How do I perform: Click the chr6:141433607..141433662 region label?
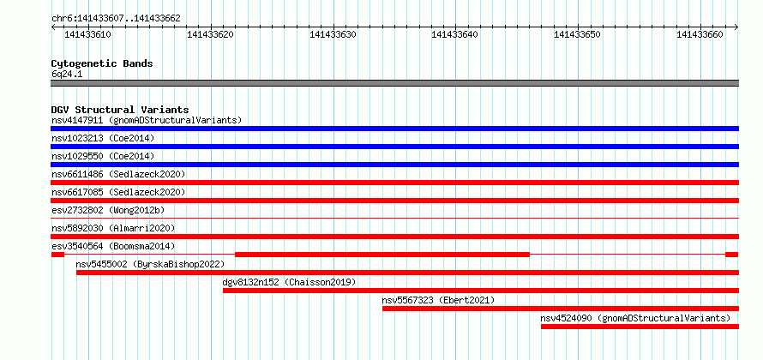(x=116, y=19)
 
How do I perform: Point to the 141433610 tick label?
(x=87, y=34)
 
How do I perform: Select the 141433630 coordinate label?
(x=333, y=34)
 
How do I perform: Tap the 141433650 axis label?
(x=578, y=34)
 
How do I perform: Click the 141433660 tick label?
(x=700, y=34)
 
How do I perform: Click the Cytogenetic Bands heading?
(x=102, y=63)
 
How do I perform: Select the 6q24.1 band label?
(x=67, y=75)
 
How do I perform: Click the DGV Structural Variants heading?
(x=120, y=110)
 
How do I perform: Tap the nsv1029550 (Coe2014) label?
(x=103, y=156)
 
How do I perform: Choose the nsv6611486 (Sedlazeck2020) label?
(x=118, y=174)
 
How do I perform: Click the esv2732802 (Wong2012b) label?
(x=108, y=210)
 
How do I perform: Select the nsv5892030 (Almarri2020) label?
(x=113, y=228)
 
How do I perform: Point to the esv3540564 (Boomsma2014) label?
(x=113, y=246)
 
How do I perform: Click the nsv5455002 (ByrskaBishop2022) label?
(x=150, y=264)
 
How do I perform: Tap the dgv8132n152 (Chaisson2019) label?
(x=289, y=282)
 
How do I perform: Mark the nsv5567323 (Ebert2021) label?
(x=438, y=300)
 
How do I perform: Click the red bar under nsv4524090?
(x=640, y=327)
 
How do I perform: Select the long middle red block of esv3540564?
(x=382, y=255)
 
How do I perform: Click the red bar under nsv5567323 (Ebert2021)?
(x=561, y=309)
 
